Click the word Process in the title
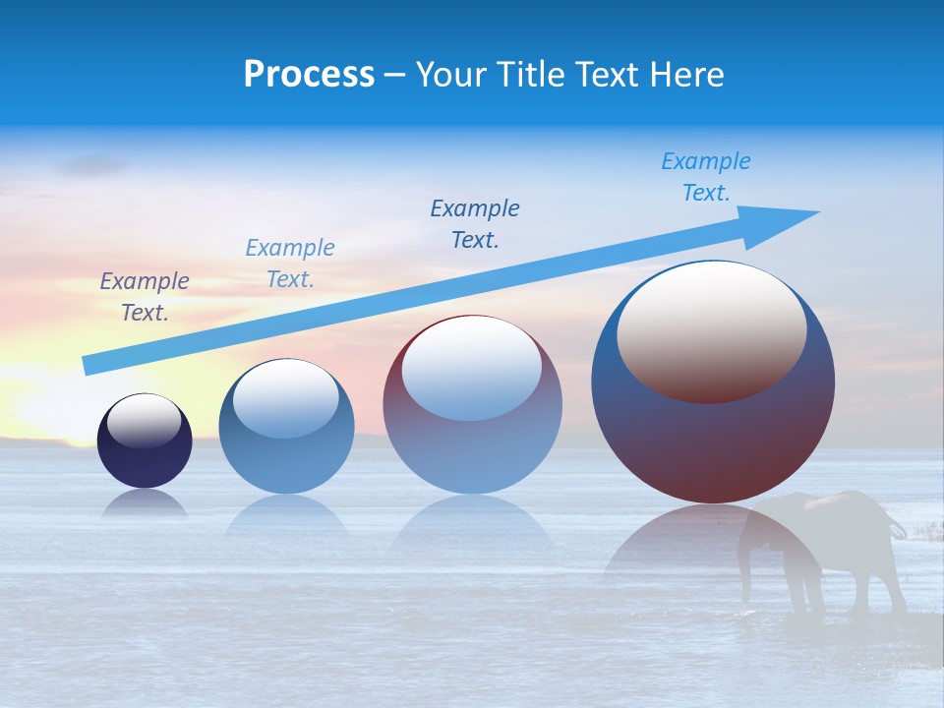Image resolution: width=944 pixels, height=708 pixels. (309, 75)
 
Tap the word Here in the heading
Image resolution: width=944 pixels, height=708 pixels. (685, 75)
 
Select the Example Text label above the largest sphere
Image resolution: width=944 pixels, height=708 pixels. (706, 177)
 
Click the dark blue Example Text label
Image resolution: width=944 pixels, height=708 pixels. (475, 224)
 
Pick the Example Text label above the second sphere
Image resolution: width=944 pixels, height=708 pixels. (290, 264)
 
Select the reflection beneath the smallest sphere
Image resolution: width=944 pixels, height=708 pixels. (145, 503)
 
